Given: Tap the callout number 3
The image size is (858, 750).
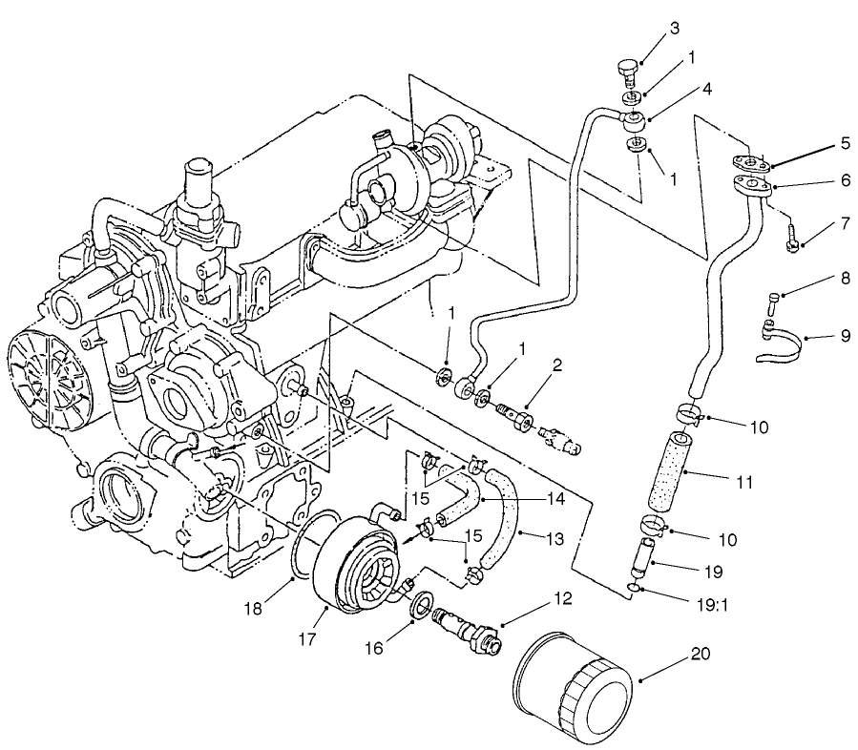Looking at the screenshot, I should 675,28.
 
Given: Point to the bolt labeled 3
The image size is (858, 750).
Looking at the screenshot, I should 624,69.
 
